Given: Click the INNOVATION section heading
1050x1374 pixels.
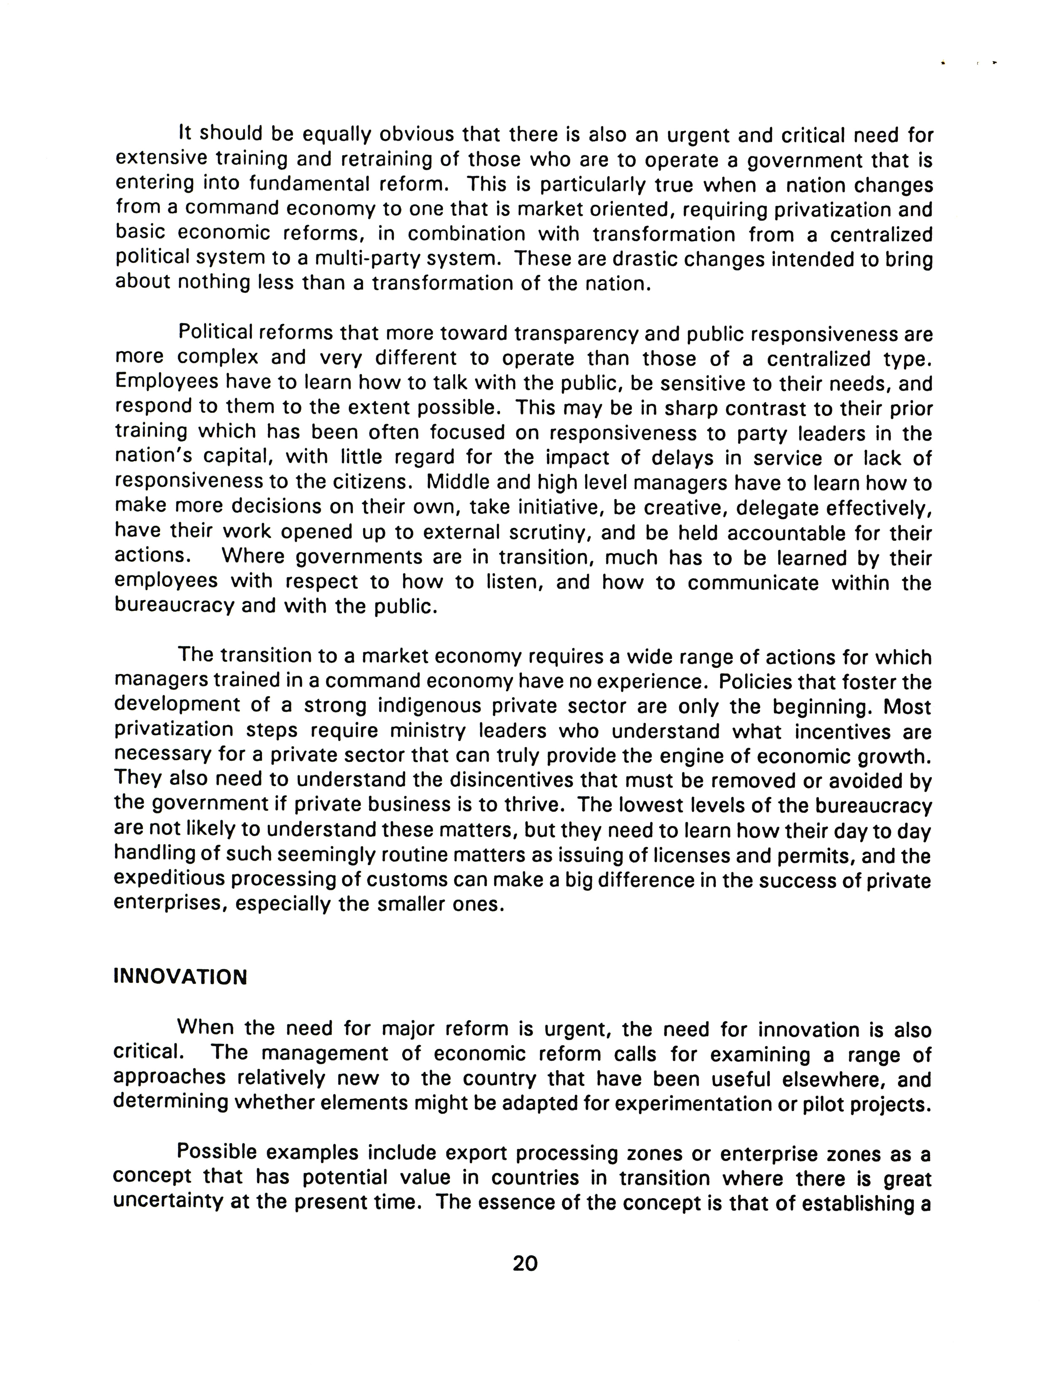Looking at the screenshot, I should pyautogui.click(x=180, y=977).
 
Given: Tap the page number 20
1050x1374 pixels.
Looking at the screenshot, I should pyautogui.click(x=525, y=1263).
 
